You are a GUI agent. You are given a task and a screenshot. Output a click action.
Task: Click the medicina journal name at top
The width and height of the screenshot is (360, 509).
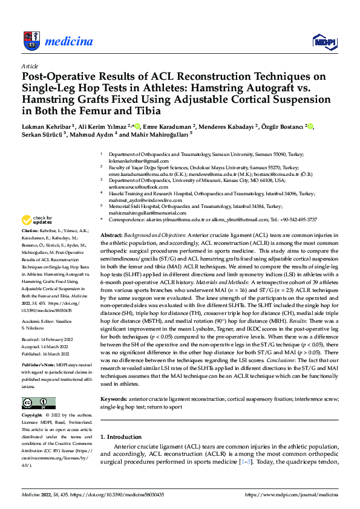pos(68,41)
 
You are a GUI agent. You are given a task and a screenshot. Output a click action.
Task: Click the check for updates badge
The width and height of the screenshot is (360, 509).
pos(36,220)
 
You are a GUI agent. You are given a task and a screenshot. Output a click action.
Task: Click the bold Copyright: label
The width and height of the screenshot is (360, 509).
pos(33,416)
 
